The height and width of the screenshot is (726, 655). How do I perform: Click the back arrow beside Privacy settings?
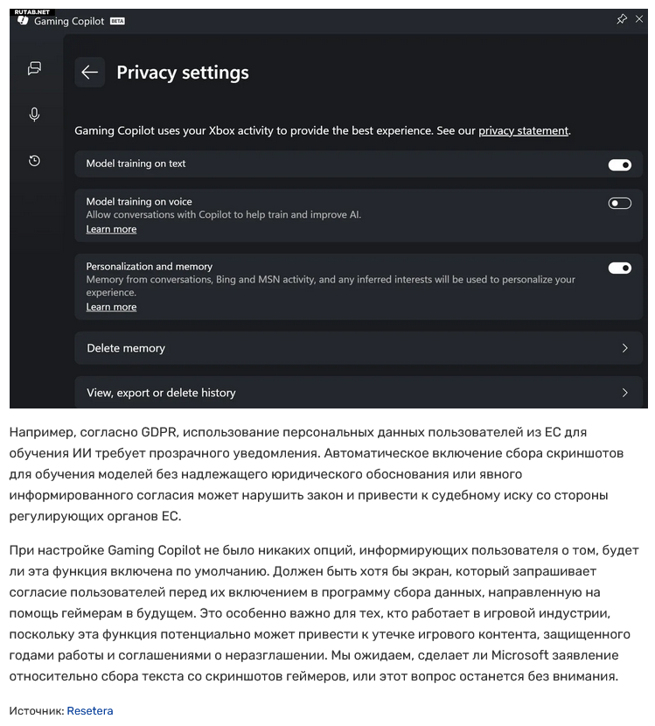89,73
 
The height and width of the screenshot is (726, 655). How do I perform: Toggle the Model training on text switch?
619,164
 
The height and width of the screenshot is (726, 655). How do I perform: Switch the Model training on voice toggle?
619,203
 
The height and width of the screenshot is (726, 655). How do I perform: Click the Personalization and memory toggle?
619,268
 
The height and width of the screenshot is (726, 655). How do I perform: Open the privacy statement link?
523,130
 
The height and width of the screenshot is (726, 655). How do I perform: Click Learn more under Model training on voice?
111,229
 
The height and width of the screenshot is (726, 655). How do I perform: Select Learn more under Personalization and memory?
111,307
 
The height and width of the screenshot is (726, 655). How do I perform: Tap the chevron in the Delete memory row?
624,348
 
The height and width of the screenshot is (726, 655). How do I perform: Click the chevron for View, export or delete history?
624,393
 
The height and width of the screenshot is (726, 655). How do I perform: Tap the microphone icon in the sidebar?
34,115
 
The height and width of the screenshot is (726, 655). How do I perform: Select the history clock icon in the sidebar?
34,161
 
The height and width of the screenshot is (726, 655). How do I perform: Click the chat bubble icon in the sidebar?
34,68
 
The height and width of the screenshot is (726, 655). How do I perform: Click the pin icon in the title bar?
622,19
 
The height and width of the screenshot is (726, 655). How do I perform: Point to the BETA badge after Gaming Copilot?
117,21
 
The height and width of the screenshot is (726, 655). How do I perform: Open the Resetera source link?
89,711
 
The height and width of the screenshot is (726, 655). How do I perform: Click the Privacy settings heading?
183,73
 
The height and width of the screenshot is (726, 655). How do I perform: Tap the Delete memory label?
126,348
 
